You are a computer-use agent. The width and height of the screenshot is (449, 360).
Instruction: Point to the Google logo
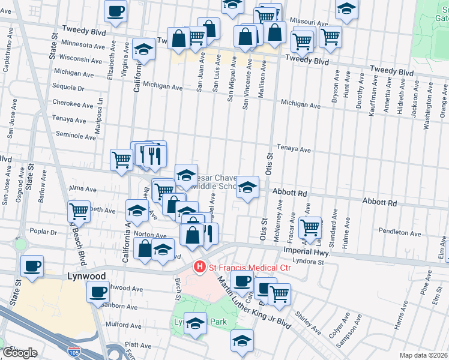20,353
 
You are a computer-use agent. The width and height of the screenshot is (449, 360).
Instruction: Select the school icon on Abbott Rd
247,187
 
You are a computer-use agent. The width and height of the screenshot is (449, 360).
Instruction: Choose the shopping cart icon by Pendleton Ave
310,227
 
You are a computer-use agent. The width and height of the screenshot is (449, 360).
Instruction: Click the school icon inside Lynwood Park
195,324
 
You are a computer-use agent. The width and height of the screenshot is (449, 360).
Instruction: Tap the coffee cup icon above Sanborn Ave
98,292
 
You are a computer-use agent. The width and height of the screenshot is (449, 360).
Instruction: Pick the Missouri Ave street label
309,22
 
